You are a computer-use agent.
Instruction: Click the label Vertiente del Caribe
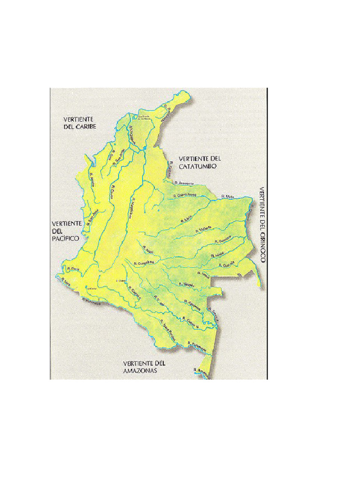tap(80, 123)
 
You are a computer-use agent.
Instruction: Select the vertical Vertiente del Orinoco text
tap(262, 225)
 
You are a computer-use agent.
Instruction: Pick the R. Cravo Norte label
tap(184, 196)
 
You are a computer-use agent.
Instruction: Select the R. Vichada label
tap(205, 228)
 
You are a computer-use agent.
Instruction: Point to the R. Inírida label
tap(219, 253)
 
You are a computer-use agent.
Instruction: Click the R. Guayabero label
tap(143, 263)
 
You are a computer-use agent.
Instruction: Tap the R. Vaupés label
tap(186, 285)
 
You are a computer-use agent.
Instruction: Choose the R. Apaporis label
tap(193, 305)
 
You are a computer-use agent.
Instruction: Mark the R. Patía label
tap(72, 269)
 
